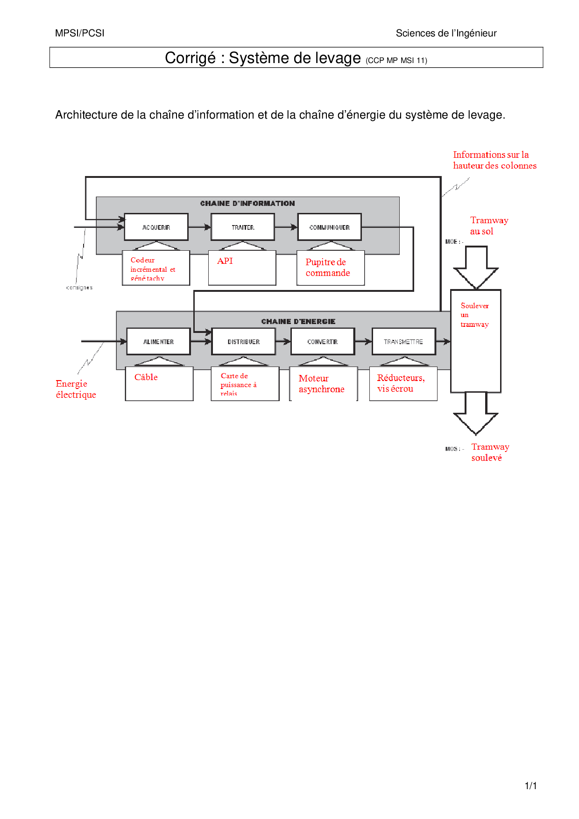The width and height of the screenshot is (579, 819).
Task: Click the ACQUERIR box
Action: (156, 227)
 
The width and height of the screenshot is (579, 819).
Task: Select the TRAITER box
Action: (243, 227)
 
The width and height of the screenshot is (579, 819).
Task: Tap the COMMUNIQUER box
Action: (330, 227)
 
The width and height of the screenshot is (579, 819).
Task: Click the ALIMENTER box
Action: (158, 342)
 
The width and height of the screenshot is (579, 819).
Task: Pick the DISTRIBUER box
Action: (243, 342)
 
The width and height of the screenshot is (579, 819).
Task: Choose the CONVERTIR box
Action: (322, 342)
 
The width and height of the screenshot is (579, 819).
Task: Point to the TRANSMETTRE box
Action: (403, 342)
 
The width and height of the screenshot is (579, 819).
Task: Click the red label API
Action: (225, 261)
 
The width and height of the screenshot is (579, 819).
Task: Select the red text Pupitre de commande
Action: (327, 268)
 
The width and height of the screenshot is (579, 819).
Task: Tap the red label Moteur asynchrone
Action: (321, 384)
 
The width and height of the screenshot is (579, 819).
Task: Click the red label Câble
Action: (146, 377)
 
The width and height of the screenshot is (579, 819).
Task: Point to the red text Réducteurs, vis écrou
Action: (400, 383)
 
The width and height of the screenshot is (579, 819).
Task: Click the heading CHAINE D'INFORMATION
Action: (247, 204)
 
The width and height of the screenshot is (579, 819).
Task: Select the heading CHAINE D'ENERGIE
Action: (298, 322)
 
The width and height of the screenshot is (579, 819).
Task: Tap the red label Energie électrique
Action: (76, 389)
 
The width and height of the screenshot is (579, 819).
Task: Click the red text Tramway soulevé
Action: (490, 452)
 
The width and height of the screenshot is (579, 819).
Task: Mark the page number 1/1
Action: (530, 786)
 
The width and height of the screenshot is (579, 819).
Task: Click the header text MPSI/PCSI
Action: (80, 33)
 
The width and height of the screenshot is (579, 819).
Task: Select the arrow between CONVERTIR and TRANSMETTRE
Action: (363, 342)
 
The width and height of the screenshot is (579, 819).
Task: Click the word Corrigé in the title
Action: (190, 58)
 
